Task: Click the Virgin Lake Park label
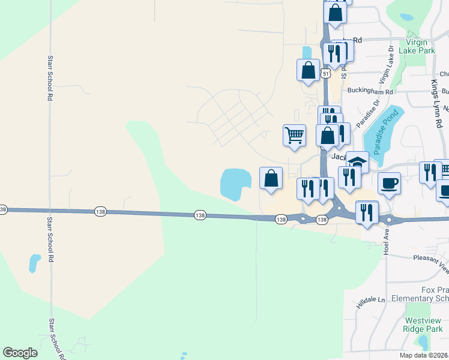pyautogui.click(x=420, y=47)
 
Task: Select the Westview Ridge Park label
pyautogui.click(x=423, y=324)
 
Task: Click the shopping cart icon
pyautogui.click(x=294, y=134)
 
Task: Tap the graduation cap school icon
pyautogui.click(x=358, y=161)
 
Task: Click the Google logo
pyautogui.click(x=20, y=353)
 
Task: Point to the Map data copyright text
pyautogui.click(x=424, y=355)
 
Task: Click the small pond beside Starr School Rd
pyautogui.click(x=35, y=263)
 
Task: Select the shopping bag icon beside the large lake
pyautogui.click(x=271, y=178)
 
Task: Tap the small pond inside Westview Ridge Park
pyautogui.click(x=424, y=343)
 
